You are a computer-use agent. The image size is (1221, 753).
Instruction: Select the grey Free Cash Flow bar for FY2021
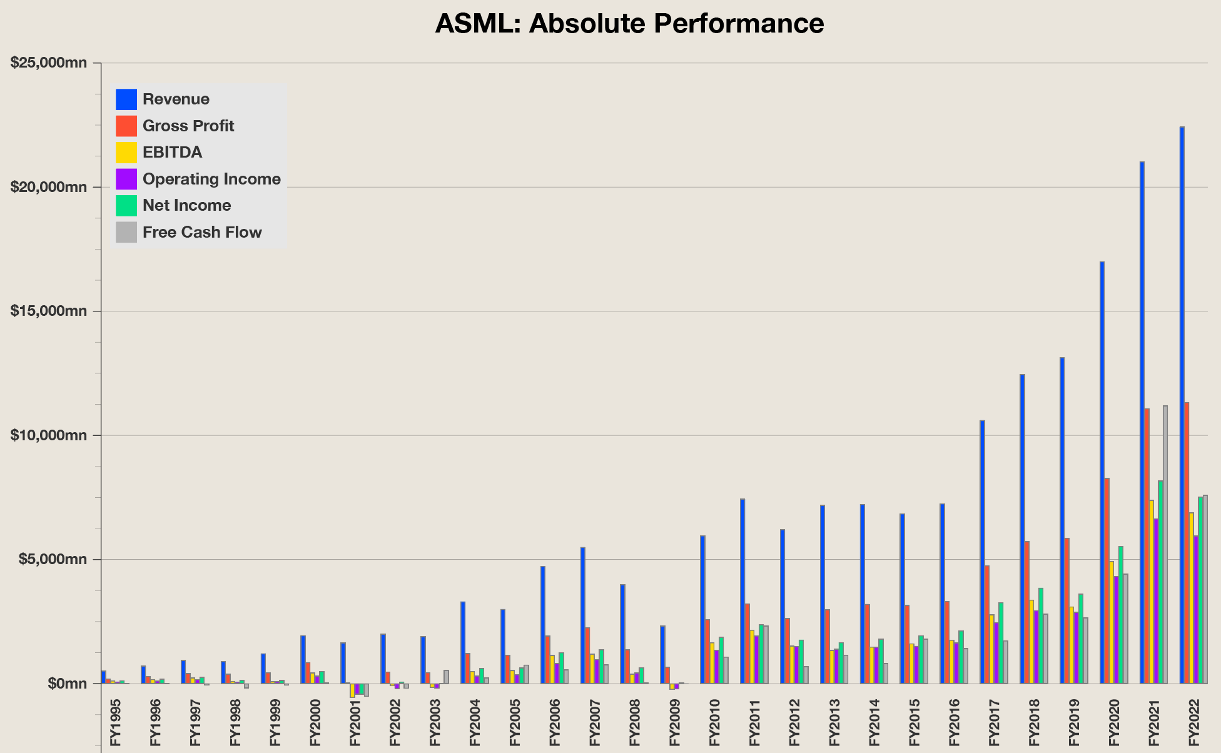[x=1165, y=544]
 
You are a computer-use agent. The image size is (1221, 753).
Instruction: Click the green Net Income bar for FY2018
[x=1041, y=635]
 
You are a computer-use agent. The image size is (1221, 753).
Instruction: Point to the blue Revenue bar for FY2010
[x=702, y=609]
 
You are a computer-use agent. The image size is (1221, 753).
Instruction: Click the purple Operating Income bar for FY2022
[x=1195, y=609]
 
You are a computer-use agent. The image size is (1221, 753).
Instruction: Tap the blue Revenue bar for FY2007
[x=582, y=615]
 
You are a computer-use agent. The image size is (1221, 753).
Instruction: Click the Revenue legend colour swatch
[x=126, y=99]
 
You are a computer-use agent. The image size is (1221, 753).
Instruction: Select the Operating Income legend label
[x=211, y=179]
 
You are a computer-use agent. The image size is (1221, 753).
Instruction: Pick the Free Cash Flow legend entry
[x=201, y=233]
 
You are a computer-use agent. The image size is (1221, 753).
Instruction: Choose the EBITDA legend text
[x=172, y=153]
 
